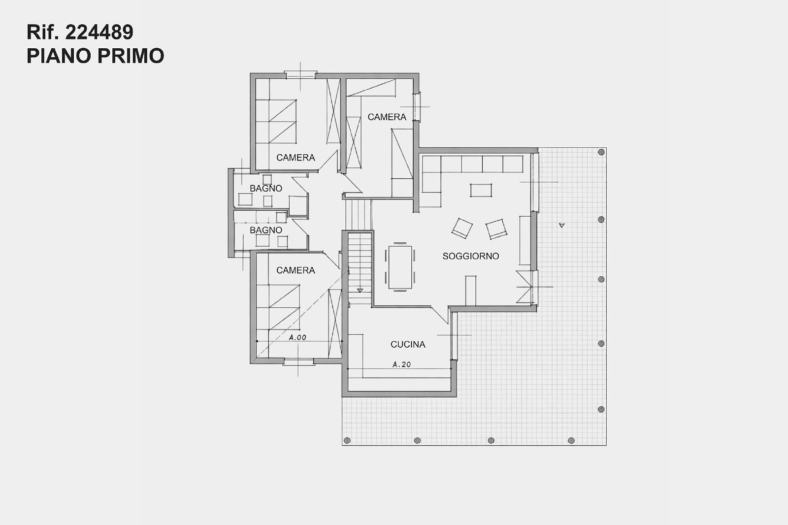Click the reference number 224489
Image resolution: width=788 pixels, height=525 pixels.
(99, 32)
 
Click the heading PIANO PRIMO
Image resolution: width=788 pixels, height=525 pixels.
(96, 56)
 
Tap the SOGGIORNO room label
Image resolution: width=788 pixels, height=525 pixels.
(471, 256)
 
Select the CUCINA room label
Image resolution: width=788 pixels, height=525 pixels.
(408, 344)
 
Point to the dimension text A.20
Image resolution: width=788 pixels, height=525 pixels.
(402, 364)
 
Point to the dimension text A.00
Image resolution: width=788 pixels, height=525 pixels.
(297, 337)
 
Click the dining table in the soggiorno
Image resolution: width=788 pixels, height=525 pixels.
(400, 267)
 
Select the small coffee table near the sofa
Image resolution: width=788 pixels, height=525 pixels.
(481, 191)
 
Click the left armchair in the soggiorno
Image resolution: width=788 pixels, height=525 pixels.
(462, 228)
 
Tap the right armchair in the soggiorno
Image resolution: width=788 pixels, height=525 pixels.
(496, 229)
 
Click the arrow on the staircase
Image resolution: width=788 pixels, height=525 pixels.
(360, 291)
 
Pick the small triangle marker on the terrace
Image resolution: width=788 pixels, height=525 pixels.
(562, 225)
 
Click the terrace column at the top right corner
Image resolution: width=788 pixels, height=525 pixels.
(601, 152)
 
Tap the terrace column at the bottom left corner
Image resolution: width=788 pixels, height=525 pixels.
(347, 441)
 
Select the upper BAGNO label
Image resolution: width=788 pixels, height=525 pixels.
(266, 189)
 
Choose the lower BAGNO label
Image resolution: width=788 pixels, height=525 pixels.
(266, 230)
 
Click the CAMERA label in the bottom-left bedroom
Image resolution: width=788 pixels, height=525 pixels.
(295, 270)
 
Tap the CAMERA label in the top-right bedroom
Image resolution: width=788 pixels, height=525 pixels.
(387, 117)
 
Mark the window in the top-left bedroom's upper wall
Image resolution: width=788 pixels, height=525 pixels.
(300, 74)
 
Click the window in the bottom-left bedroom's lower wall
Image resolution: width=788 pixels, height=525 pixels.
(298, 362)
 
